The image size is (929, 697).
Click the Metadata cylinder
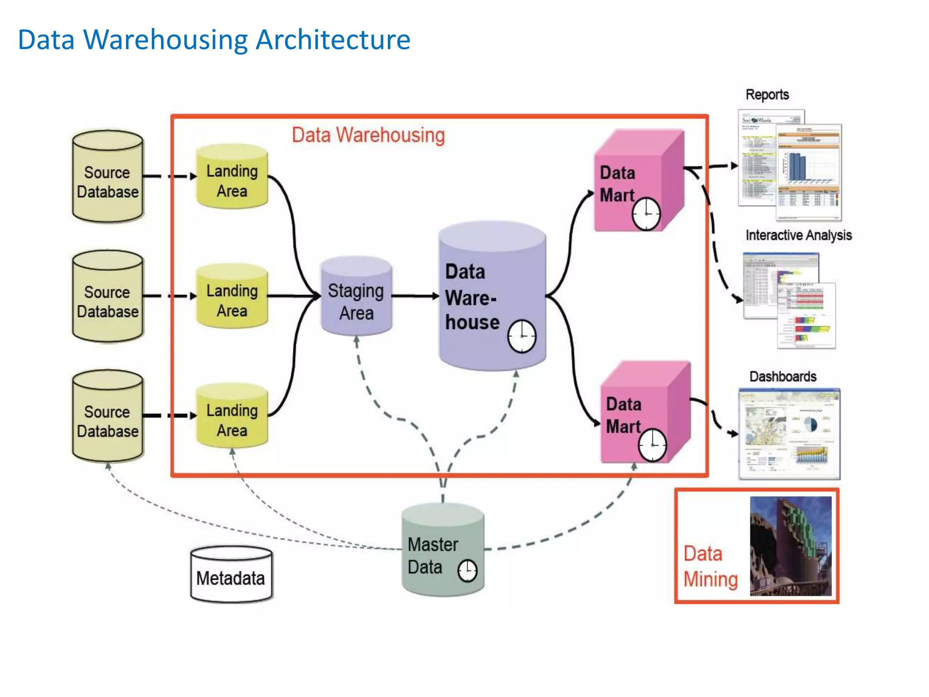(231, 575)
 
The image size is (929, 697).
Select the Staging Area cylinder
(356, 297)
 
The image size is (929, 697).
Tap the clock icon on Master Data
(467, 570)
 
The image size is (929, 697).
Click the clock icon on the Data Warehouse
(522, 336)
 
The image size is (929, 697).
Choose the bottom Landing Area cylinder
(232, 417)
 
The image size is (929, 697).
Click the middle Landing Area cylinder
(232, 297)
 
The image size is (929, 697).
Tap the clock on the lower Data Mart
(652, 445)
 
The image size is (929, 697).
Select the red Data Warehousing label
(368, 135)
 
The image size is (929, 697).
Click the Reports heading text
(767, 95)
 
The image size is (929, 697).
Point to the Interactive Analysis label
(798, 235)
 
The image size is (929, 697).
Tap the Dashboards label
(782, 377)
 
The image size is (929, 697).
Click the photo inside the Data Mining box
(791, 546)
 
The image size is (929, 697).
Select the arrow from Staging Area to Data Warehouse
(415, 296)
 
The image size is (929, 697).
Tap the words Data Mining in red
(710, 566)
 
